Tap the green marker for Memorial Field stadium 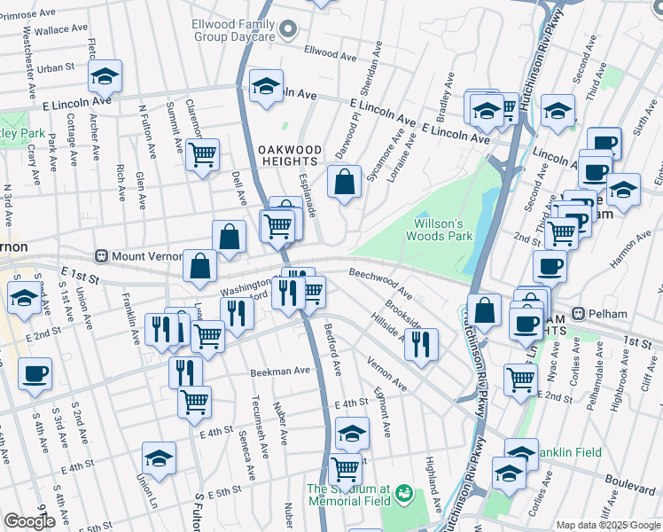(404, 491)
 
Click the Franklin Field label (566, 452)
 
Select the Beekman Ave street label (280, 372)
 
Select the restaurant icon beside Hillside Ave (421, 342)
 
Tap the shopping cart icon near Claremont (202, 156)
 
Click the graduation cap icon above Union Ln (159, 458)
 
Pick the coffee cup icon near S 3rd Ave (35, 373)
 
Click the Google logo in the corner (30, 521)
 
